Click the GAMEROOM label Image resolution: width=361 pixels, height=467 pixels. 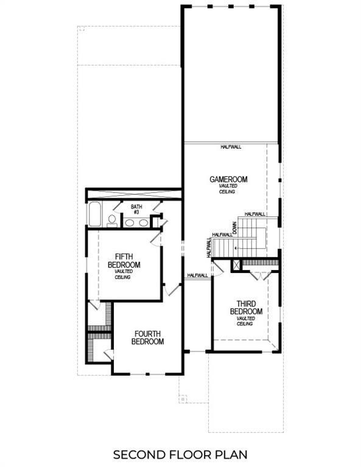point(228,179)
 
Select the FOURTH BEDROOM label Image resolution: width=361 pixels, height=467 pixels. point(148,337)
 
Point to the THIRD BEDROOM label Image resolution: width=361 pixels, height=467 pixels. point(245,308)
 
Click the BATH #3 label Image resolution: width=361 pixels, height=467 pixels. point(136,210)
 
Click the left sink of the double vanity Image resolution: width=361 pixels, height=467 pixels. point(130,223)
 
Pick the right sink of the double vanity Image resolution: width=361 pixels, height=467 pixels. point(144,223)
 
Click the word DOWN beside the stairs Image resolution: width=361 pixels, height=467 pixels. point(234,229)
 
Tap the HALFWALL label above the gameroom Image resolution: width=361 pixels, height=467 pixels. point(231,147)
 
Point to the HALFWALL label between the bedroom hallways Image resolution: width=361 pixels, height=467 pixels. point(197,275)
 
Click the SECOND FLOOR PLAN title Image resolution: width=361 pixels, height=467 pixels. point(180,454)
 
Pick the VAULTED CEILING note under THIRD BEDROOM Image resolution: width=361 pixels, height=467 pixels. point(245,321)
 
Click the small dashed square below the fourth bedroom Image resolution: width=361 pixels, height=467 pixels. point(182,400)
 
